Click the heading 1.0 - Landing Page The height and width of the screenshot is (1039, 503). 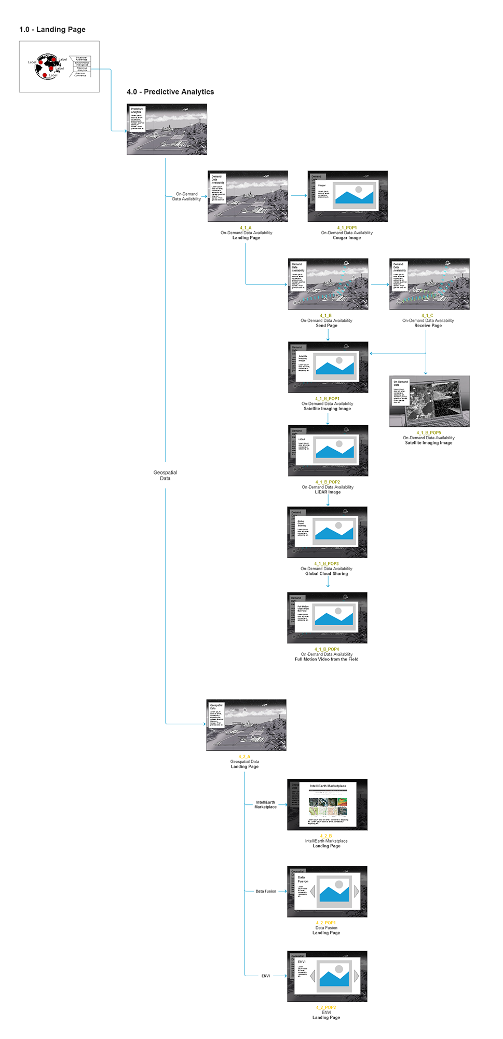pos(52,30)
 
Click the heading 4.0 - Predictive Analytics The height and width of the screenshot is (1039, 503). pos(170,92)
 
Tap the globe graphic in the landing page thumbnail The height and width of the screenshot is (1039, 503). pos(48,66)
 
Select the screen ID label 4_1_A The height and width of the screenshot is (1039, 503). pos(246,228)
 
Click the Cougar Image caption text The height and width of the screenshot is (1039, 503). pos(347,238)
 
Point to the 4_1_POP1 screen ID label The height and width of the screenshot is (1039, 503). pos(347,228)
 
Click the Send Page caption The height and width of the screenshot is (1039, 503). pos(327,326)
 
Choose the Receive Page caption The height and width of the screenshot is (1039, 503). pos(428,326)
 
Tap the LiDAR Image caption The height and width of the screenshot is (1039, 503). pos(328,492)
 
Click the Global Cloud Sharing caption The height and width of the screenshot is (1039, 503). pos(327,574)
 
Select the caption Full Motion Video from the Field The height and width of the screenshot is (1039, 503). pos(327,659)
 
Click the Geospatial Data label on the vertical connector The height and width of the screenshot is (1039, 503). pos(165,475)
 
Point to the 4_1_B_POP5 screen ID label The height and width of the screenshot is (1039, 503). pos(429,433)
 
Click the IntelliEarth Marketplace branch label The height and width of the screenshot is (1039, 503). pos(265,804)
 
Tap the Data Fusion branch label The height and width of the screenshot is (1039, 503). pos(266,891)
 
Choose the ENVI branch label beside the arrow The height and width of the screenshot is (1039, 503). pos(266,976)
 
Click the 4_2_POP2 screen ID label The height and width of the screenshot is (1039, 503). pos(326,1007)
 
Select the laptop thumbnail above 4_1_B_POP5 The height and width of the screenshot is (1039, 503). pos(429,401)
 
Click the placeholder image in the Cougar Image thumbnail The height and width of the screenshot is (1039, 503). pos(354,195)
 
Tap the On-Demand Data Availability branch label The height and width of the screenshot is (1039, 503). pos(186,196)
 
